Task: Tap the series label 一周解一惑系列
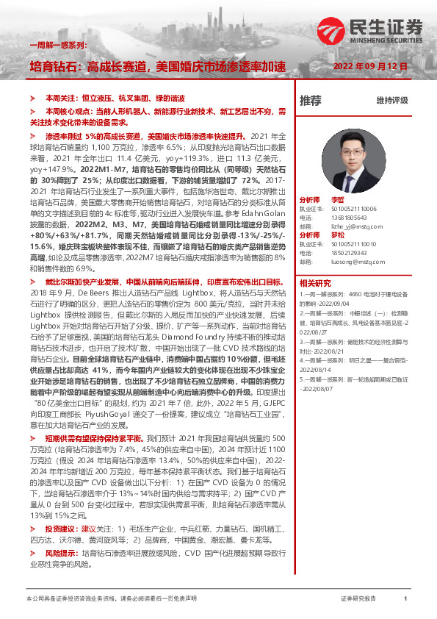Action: pos(58,46)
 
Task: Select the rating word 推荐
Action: pos(311,100)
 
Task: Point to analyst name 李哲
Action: pos(337,199)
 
